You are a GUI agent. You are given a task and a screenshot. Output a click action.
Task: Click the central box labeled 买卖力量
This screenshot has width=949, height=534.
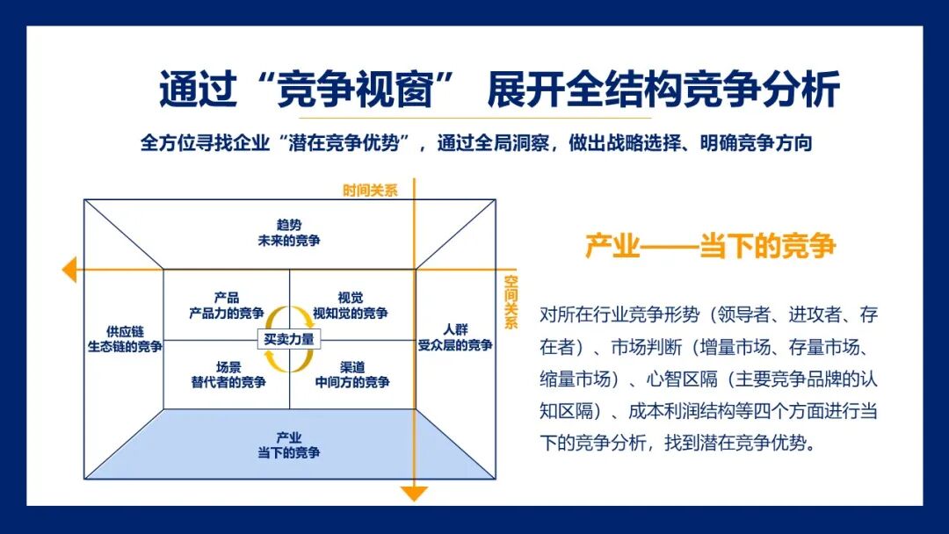click(x=289, y=339)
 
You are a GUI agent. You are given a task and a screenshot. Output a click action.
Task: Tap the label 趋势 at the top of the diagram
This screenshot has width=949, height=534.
click(x=289, y=224)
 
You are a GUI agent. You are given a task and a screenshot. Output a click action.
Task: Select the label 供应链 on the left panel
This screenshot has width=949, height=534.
click(x=124, y=331)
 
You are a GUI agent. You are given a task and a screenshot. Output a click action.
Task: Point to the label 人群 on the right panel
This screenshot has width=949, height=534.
click(x=455, y=328)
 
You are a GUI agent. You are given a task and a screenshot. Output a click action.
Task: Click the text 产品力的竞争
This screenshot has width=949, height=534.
click(x=227, y=313)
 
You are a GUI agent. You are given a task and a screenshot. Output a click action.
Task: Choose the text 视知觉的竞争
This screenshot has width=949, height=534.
click(x=351, y=313)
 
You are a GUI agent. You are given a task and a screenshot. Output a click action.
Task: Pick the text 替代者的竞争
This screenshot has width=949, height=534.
click(x=228, y=382)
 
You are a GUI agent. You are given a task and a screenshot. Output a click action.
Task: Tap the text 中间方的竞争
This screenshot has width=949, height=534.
click(x=352, y=382)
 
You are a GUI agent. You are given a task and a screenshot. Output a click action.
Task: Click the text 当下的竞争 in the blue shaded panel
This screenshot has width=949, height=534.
click(x=289, y=453)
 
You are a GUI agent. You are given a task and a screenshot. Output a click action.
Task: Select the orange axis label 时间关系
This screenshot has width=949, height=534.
click(x=370, y=190)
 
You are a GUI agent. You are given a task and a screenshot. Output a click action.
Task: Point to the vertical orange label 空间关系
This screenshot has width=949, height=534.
click(x=511, y=302)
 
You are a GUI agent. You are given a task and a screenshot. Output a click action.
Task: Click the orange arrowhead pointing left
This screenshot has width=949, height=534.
click(x=69, y=269)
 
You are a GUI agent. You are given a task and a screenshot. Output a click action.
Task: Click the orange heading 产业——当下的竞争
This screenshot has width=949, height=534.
click(x=710, y=246)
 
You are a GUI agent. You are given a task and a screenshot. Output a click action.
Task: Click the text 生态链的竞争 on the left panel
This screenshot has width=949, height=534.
click(x=124, y=347)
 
